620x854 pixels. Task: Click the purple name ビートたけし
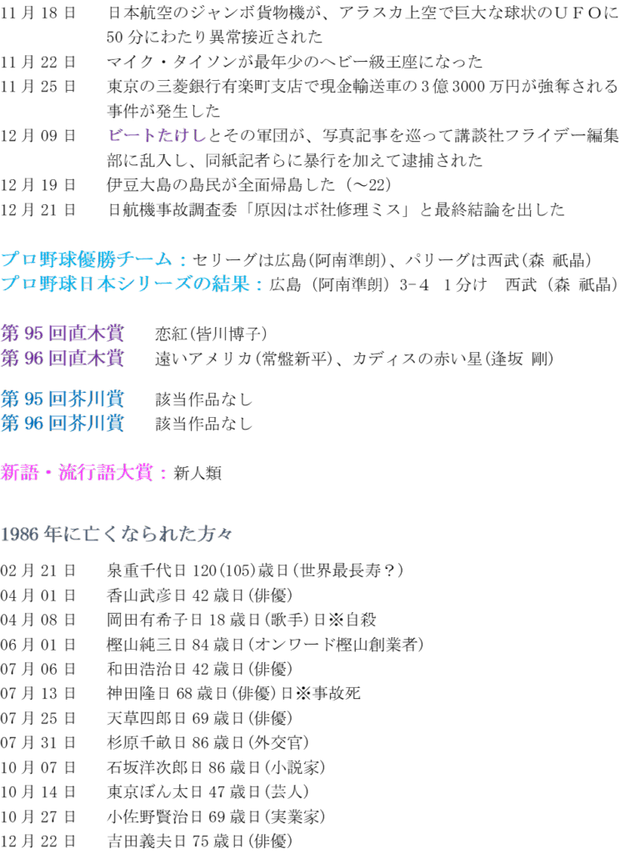click(x=157, y=135)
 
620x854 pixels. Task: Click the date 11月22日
click(x=38, y=62)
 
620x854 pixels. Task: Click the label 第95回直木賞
click(x=62, y=334)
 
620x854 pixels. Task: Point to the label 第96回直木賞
click(x=62, y=359)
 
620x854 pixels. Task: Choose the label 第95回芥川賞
click(x=62, y=399)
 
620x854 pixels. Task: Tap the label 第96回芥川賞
click(x=62, y=423)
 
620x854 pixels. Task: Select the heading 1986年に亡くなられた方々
click(x=117, y=534)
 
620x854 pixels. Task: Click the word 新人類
click(x=197, y=473)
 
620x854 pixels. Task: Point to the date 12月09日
click(x=38, y=135)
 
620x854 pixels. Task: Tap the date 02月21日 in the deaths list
click(x=38, y=571)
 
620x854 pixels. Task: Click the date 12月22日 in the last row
click(x=38, y=841)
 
